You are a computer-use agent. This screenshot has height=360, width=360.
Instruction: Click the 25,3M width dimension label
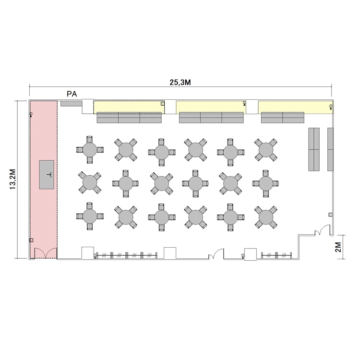pyautogui.click(x=180, y=83)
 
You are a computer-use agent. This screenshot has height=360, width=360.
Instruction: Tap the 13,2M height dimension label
pyautogui.click(x=12, y=180)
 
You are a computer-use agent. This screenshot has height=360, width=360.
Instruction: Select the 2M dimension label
pyautogui.click(x=338, y=247)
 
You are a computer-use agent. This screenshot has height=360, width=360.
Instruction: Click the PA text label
pyautogui.click(x=72, y=94)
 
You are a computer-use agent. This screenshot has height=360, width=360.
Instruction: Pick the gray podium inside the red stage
pyautogui.click(x=47, y=175)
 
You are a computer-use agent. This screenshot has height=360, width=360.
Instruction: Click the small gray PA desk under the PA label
pyautogui.click(x=72, y=103)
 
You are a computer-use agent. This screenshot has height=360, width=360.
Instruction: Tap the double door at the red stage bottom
pyautogui.click(x=46, y=253)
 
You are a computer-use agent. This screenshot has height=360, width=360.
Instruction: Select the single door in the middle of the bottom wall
pyautogui.click(x=216, y=254)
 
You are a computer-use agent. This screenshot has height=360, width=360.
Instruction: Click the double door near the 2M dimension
pyautogui.click(x=323, y=230)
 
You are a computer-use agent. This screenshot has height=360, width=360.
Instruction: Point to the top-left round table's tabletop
pyautogui.click(x=90, y=150)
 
